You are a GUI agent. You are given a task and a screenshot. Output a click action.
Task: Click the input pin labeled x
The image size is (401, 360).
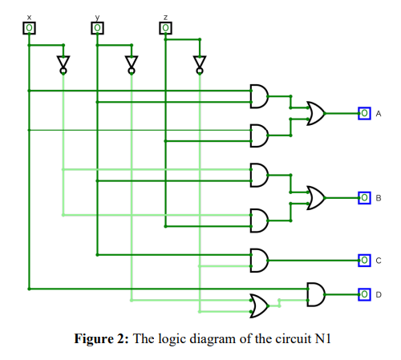click(29, 28)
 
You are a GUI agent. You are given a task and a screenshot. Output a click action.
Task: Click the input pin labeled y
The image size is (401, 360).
click(97, 28)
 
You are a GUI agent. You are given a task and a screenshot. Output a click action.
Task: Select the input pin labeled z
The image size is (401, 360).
click(165, 28)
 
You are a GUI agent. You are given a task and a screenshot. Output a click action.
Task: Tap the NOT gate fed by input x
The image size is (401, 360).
click(63, 63)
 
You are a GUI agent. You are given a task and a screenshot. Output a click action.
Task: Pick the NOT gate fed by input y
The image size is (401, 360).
click(131, 63)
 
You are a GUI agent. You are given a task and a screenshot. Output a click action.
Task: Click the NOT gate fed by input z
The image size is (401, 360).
click(199, 63)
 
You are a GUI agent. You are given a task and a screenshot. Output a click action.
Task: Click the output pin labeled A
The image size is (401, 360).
click(364, 114)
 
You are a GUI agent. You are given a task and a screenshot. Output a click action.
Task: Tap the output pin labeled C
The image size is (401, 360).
click(364, 260)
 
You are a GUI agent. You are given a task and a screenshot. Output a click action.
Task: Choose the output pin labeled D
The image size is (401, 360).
click(364, 294)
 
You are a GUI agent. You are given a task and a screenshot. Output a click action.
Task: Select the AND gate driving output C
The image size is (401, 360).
click(260, 260)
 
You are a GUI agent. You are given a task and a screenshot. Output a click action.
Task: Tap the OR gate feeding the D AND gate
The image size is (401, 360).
click(259, 305)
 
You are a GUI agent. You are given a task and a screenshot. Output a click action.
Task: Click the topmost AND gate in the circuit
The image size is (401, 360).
click(260, 96)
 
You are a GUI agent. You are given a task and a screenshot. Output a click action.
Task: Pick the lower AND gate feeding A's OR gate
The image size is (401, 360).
click(260, 136)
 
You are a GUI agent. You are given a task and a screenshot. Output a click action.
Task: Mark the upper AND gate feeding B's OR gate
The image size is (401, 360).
click(260, 175)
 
